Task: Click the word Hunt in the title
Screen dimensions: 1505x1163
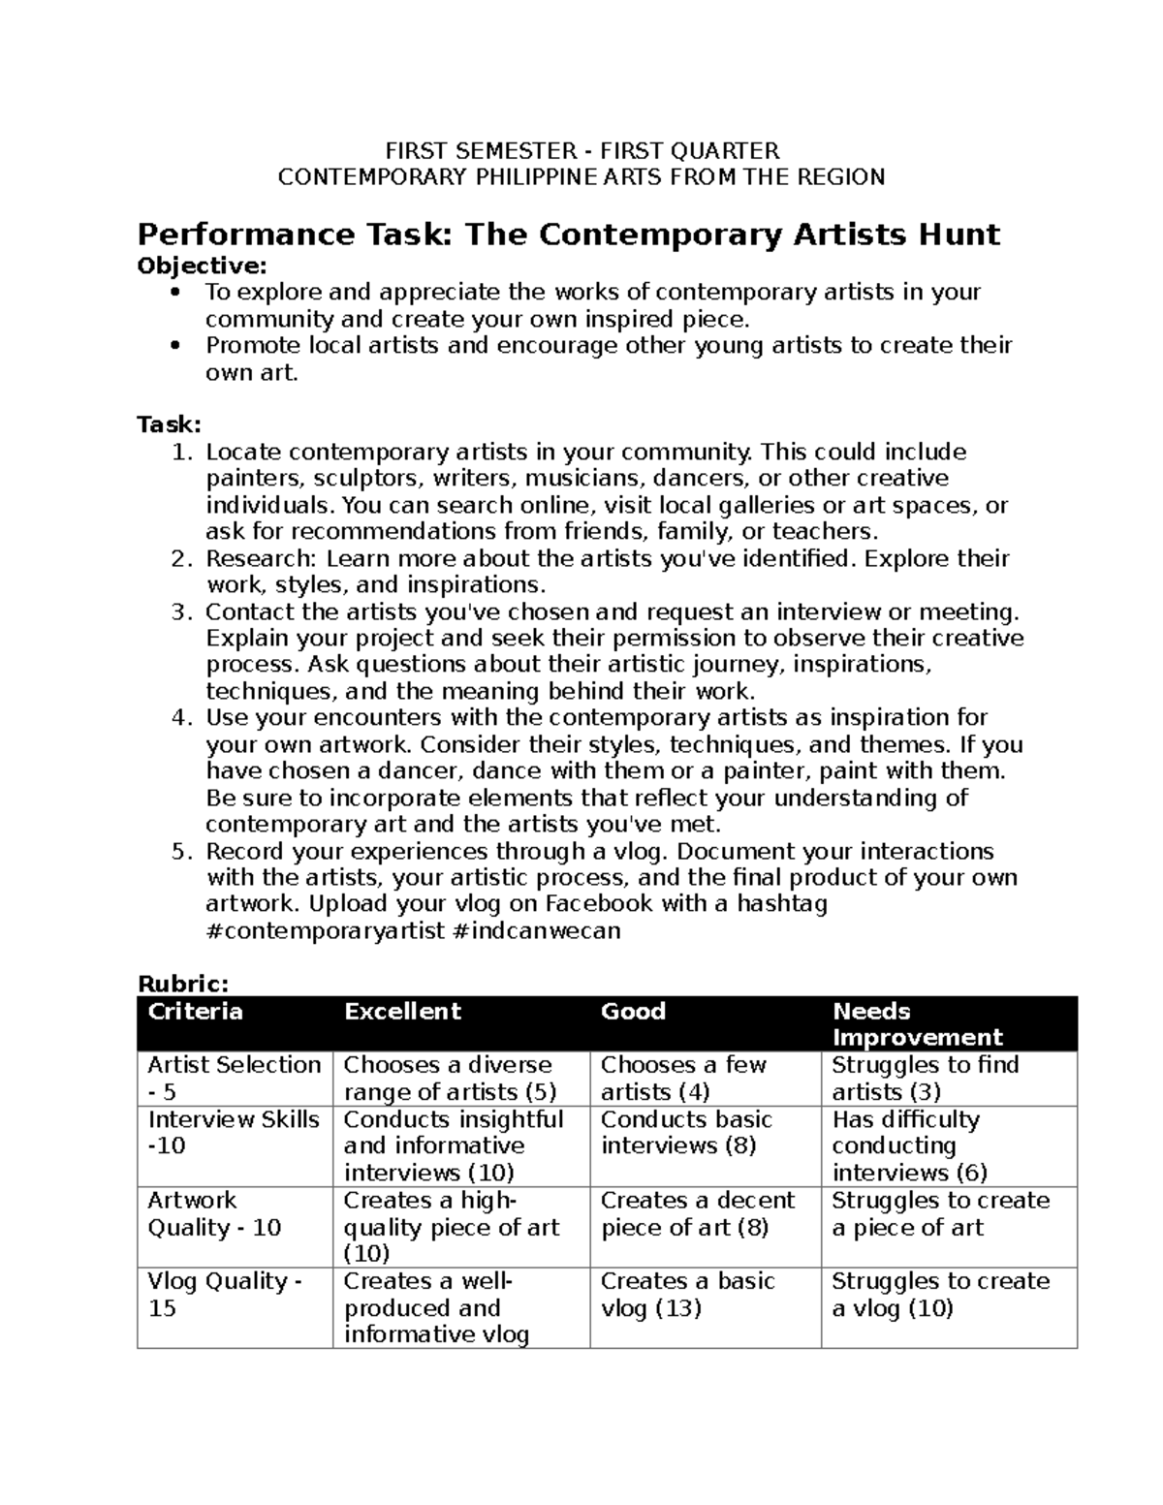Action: tap(956, 235)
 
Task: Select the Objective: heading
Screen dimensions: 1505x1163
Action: tap(202, 265)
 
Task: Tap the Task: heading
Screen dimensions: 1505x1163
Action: tap(169, 424)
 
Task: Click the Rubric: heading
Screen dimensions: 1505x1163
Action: tap(183, 984)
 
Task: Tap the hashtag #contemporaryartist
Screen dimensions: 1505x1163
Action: tap(326, 931)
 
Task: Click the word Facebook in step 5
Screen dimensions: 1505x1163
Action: tap(598, 904)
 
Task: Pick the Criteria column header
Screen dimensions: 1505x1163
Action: tap(195, 1012)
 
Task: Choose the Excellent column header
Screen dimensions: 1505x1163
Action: tap(402, 1012)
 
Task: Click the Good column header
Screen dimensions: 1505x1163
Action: tap(633, 1012)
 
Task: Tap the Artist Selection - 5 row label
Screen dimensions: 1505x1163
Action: tap(234, 1078)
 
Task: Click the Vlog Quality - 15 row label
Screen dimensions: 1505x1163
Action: tap(224, 1295)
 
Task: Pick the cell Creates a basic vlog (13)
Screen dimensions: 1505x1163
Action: tap(687, 1295)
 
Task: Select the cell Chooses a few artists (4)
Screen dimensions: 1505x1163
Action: tap(683, 1078)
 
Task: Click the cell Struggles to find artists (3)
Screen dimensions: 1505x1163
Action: tap(925, 1078)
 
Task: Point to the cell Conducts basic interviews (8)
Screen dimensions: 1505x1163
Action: tap(686, 1132)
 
